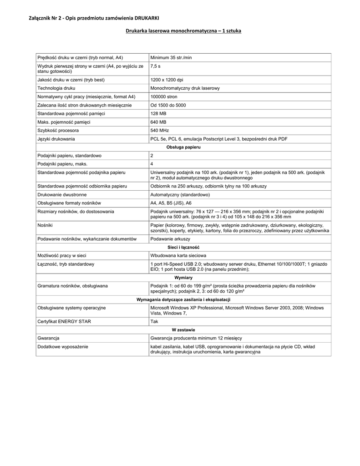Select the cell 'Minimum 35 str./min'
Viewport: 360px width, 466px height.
click(x=171, y=57)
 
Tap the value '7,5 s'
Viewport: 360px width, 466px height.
click(x=155, y=66)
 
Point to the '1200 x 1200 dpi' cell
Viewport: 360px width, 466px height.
click(x=167, y=80)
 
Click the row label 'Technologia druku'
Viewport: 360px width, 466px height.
click(x=56, y=88)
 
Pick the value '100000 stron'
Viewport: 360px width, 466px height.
click(x=164, y=97)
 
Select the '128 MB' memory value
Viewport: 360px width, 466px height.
click(x=158, y=113)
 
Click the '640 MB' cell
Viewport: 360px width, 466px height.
click(x=158, y=122)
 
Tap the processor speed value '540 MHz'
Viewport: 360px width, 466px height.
click(x=159, y=130)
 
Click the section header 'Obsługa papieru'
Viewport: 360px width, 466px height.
click(x=183, y=147)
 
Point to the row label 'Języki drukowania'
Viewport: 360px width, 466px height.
click(x=56, y=139)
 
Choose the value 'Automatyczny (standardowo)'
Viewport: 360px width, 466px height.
click(x=180, y=194)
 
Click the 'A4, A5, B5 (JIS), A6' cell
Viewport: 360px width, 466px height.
click(x=171, y=203)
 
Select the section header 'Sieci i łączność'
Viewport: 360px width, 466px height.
click(x=183, y=247)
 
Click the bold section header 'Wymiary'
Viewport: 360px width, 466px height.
click(x=183, y=278)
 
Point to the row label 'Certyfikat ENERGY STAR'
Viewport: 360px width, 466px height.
click(x=64, y=321)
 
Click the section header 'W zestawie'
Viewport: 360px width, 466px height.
click(x=183, y=329)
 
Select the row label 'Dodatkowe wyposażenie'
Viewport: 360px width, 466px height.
click(x=63, y=347)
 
